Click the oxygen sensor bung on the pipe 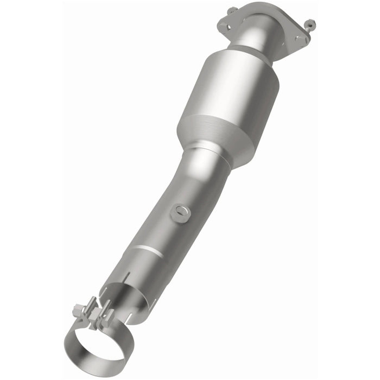(x=180, y=212)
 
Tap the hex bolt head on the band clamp (x=79, y=311)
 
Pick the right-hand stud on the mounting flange (x=309, y=24)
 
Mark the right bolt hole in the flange (x=298, y=39)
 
